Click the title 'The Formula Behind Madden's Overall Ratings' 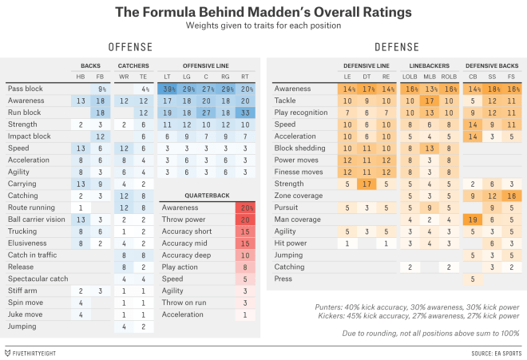tap(263, 13)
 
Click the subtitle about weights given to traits tap(263, 26)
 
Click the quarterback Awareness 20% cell tap(245, 207)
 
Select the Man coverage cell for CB tap(474, 220)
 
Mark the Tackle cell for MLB tap(430, 101)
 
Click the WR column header tap(125, 76)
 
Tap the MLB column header tap(430, 76)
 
